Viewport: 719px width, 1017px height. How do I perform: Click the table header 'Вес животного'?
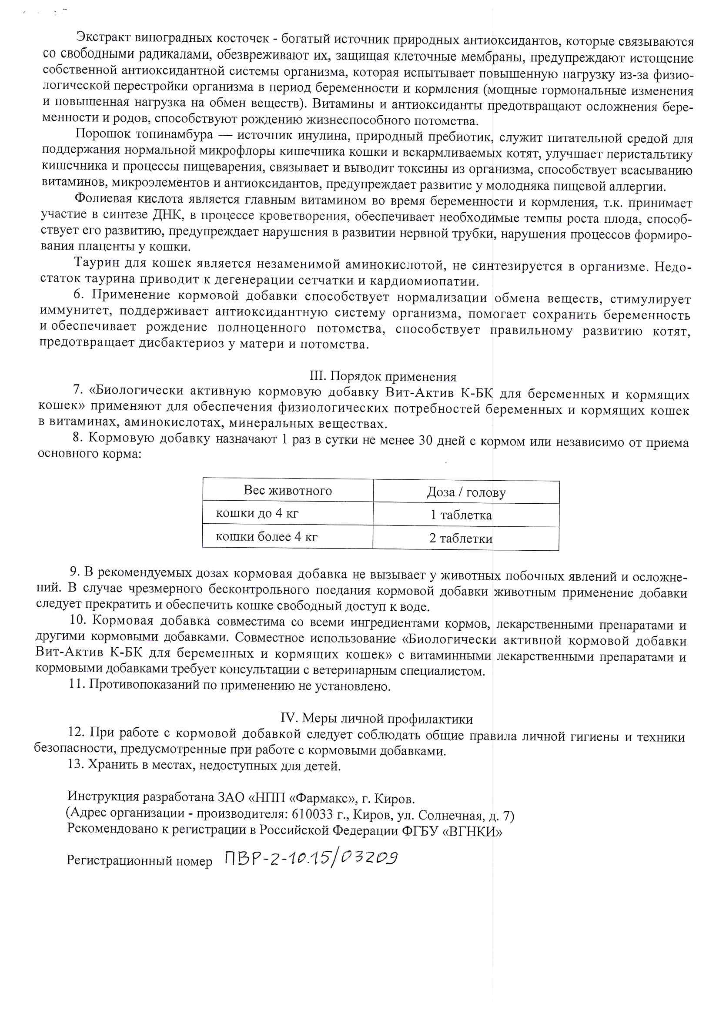pos(288,490)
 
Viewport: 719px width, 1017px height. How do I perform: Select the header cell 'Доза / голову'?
pos(466,492)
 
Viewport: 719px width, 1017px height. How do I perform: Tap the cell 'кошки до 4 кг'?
pos(257,513)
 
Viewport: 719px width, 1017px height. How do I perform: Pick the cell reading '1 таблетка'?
pos(461,515)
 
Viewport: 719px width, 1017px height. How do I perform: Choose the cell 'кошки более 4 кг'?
pos(267,536)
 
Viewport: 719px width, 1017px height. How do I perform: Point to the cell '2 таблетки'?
pos(461,538)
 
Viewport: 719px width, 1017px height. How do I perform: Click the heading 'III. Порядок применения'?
pos(383,376)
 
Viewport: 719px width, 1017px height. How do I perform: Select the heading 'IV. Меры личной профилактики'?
pos(377,719)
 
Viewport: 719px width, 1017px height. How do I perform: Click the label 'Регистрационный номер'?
pos(140,860)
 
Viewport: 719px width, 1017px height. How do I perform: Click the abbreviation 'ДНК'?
pos(167,215)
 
